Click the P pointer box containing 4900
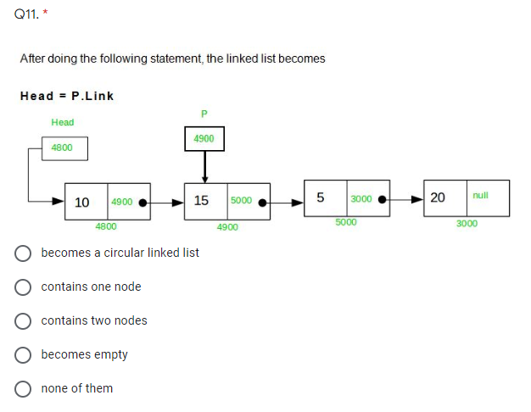[x=204, y=138]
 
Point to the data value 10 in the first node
[x=83, y=203]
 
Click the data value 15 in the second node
[x=202, y=201]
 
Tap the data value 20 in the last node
[x=438, y=198]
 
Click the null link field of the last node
[x=481, y=195]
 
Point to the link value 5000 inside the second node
[x=241, y=202]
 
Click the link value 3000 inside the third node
[x=361, y=198]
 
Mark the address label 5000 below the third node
[x=345, y=222]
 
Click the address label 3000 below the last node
[x=467, y=224]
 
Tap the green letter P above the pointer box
[x=204, y=114]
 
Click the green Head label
[x=63, y=122]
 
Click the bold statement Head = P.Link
[x=67, y=95]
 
